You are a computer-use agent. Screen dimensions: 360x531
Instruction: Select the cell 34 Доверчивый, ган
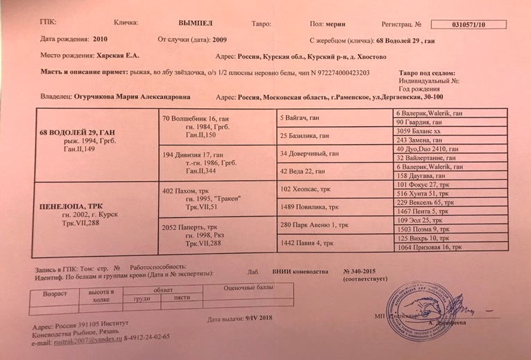click(311, 153)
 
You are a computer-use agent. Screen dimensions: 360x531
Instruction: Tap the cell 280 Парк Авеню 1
click(313, 225)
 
